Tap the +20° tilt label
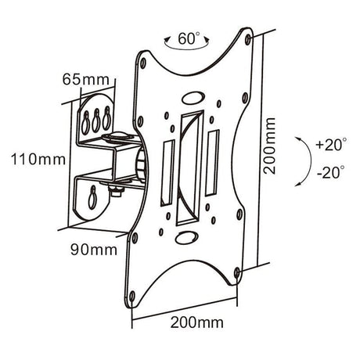[x=329, y=146]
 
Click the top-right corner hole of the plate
[x=248, y=38]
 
